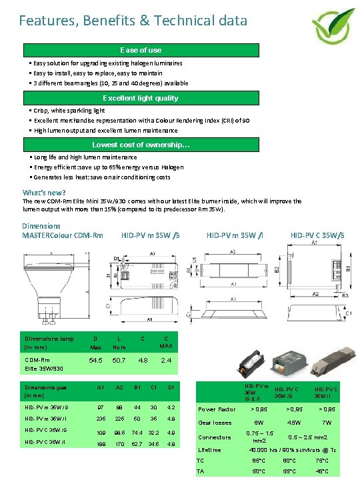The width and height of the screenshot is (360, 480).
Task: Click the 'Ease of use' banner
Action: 141,50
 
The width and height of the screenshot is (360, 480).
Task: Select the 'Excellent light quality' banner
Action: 141,98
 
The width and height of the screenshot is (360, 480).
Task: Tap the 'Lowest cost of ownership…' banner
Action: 141,145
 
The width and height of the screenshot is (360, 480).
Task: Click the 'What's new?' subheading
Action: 44,193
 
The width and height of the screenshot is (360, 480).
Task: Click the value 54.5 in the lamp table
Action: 96,361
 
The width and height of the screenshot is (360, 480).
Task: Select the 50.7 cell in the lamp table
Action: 119,361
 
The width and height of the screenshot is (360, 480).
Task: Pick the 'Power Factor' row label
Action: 217,409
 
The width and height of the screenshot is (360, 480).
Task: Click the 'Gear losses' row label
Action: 215,423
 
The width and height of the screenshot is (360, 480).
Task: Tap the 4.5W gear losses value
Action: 293,423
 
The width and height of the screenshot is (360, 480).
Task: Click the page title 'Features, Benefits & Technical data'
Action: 133,21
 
